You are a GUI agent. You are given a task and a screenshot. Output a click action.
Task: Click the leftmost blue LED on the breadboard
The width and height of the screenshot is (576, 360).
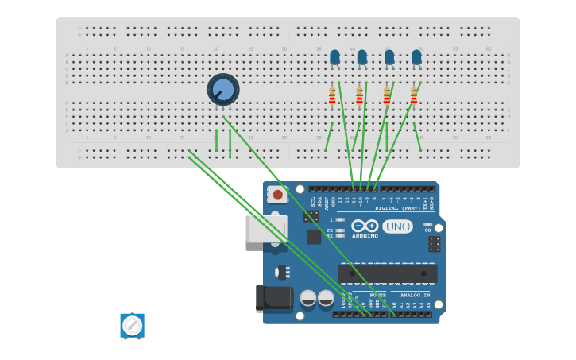334,57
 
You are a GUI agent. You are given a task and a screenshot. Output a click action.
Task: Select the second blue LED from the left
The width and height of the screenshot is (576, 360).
362,57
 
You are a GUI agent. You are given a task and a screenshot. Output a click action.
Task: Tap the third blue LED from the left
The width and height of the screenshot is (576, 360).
389,57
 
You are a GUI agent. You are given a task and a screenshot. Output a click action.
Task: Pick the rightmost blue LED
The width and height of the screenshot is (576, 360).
416,57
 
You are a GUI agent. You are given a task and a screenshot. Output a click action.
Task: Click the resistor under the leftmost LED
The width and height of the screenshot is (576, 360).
332,96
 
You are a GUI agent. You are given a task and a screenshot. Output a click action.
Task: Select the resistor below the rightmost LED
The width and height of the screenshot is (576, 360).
414,96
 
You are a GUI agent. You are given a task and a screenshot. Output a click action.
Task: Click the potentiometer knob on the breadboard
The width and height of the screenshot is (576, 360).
223,89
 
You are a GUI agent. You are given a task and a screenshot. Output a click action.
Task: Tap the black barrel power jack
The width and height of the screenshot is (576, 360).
274,298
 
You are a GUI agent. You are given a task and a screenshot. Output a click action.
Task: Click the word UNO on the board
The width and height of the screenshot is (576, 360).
397,226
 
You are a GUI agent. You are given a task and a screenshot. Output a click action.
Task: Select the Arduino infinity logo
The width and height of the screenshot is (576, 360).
365,226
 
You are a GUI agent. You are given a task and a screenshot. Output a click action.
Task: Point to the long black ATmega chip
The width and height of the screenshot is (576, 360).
388,273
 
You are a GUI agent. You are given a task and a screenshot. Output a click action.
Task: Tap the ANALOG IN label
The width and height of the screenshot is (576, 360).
414,295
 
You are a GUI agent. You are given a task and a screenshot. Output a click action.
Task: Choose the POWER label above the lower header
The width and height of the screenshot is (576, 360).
377,295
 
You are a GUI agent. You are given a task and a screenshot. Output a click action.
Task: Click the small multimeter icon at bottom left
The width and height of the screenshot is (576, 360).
132,325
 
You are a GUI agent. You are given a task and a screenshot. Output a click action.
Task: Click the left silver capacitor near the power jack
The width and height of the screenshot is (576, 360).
308,299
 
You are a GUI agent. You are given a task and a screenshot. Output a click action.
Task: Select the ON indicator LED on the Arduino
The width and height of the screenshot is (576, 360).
427,225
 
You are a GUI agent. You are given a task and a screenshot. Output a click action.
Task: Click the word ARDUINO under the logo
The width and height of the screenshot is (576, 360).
365,236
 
